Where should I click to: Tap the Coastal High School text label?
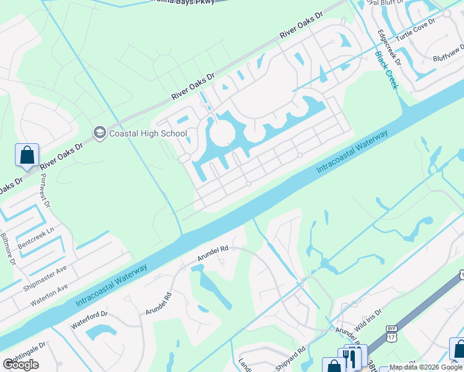pos(148,133)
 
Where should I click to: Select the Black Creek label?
pos(385,69)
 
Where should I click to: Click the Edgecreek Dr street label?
pos(390,49)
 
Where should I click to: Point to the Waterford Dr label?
pos(89,319)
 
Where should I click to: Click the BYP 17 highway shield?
pos(391,334)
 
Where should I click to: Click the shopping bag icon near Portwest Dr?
pos(27,154)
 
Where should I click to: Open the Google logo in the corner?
pos(20,365)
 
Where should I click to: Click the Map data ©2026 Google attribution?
pos(425,367)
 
